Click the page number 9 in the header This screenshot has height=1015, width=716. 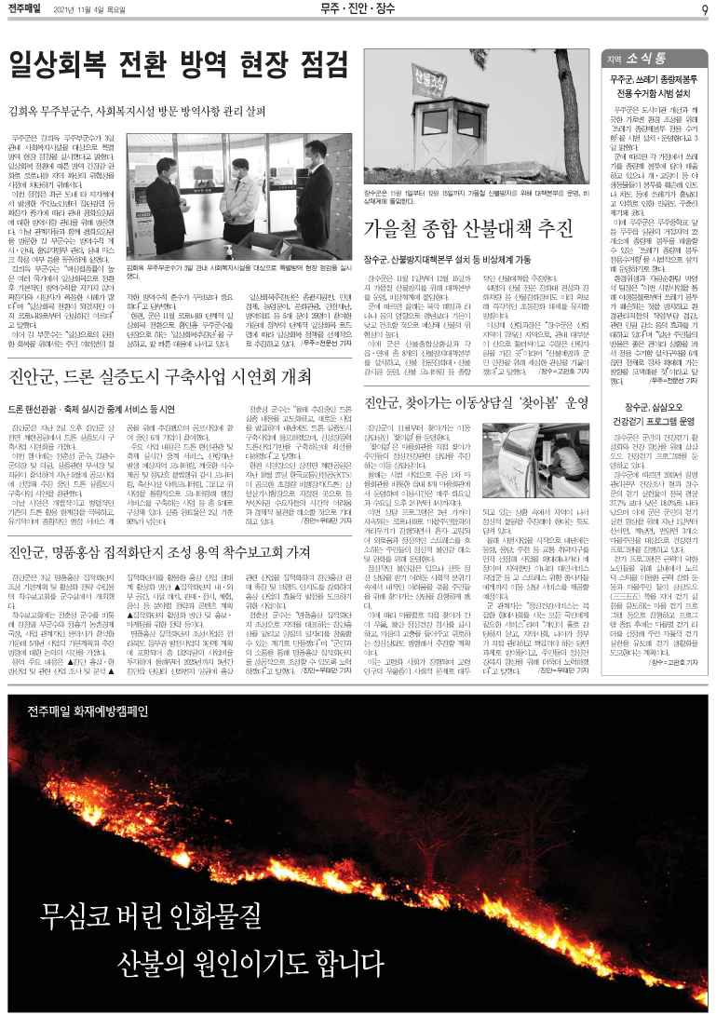pos(704,10)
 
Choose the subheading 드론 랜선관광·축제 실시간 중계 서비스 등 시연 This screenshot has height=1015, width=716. pos(91,382)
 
